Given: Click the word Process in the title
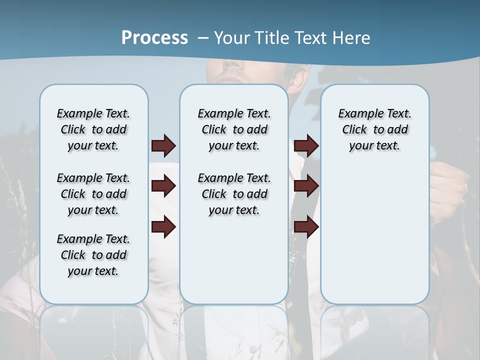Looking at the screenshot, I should click(154, 38).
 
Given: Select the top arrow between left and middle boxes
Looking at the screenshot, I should click(163, 145).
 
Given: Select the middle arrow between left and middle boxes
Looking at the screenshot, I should click(163, 186).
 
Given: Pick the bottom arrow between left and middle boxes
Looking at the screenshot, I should click(163, 227).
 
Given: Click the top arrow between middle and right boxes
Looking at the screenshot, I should click(306, 145).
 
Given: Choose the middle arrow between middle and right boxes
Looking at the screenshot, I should click(306, 186).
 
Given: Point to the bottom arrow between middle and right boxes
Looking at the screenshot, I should click(306, 227).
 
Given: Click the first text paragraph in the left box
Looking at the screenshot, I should click(93, 129).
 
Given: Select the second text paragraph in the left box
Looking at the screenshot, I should click(93, 194).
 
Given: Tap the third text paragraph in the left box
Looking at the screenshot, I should click(93, 255).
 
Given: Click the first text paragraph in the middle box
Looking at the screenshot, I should click(234, 129).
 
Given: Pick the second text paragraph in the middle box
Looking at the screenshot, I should click(234, 194).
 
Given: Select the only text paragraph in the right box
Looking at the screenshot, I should click(374, 129).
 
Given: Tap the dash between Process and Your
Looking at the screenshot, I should click(202, 38).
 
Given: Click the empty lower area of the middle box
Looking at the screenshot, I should click(234, 260).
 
